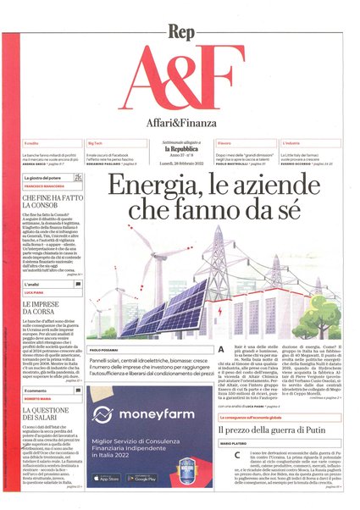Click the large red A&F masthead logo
(180, 68)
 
